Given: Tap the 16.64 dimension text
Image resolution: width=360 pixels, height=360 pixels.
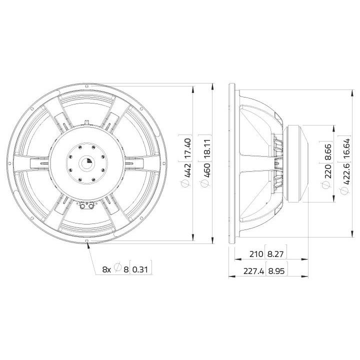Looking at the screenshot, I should coord(345,148).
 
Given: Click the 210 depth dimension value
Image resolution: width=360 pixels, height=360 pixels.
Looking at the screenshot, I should coord(256,254).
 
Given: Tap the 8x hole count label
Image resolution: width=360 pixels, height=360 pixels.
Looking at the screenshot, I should coord(106,269).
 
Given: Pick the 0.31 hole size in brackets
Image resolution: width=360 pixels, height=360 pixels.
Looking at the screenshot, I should coord(141,269).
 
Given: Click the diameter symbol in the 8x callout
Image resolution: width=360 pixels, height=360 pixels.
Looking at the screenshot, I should coord(117,269).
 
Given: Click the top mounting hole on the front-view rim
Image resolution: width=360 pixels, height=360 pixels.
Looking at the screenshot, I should coord(88,85).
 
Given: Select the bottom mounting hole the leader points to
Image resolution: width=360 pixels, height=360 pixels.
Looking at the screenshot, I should coord(88,241).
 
